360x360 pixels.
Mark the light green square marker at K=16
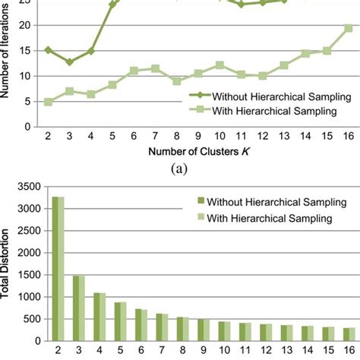point(348,28)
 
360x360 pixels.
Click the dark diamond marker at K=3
point(69,62)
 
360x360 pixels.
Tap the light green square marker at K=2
point(48,101)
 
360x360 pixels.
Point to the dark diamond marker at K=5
point(112,5)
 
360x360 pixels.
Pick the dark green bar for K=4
point(96,319)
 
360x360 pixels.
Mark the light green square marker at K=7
point(155,68)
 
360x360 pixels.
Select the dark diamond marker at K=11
point(241,5)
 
